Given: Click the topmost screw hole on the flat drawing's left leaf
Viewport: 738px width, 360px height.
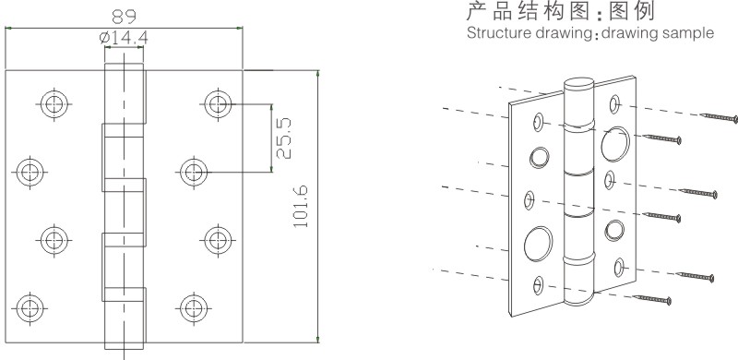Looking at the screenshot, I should [52, 102].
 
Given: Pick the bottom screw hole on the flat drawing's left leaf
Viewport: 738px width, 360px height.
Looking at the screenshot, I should [30, 307].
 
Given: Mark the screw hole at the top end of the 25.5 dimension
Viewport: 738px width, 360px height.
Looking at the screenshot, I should [218, 102].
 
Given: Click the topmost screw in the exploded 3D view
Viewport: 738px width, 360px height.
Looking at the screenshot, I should [720, 117].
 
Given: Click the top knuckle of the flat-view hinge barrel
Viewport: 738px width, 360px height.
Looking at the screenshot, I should [124, 93].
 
